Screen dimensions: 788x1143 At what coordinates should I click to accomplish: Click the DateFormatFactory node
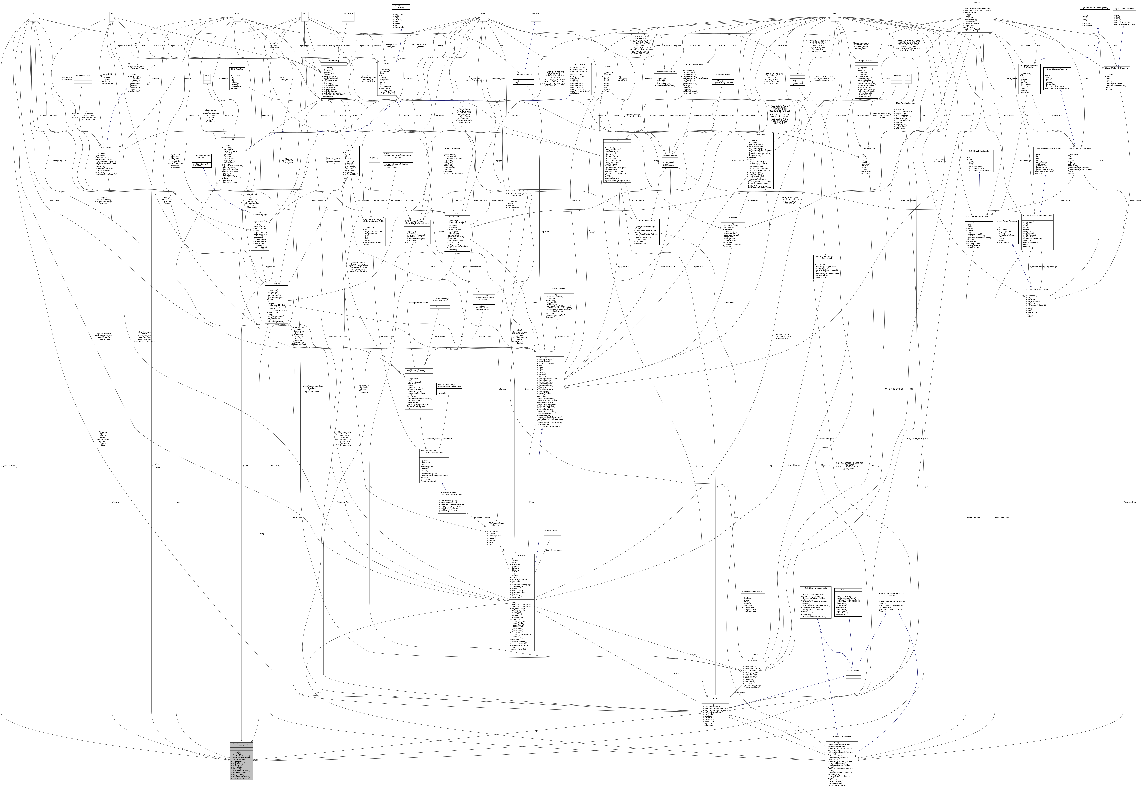[552, 531]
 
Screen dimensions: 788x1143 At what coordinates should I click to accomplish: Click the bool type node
[33, 13]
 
